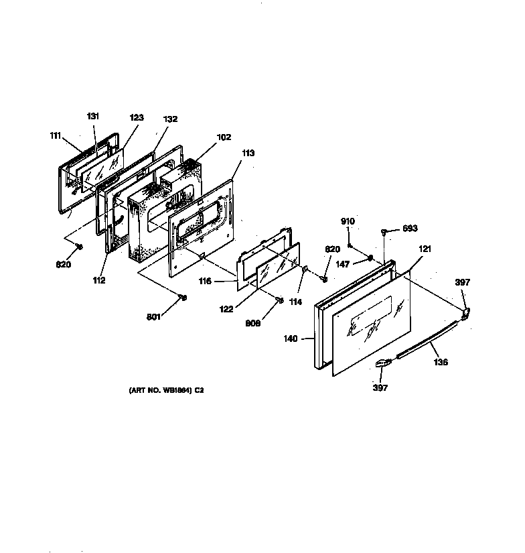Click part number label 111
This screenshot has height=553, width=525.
(56, 136)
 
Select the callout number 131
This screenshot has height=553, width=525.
(93, 116)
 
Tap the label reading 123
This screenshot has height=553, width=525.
(137, 117)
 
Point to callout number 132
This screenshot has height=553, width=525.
(171, 119)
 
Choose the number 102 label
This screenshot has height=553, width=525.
(224, 137)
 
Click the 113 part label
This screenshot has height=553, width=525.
(248, 153)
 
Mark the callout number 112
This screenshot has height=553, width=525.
(99, 280)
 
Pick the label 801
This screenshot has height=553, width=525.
(153, 316)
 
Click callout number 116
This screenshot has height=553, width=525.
(205, 281)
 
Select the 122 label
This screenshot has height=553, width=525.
(226, 309)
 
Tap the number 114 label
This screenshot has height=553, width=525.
(295, 302)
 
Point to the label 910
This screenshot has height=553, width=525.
(348, 221)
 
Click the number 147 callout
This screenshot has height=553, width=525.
(342, 264)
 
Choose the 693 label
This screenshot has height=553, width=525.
(410, 228)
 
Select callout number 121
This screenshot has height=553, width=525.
(425, 249)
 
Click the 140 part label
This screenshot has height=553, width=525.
(291, 339)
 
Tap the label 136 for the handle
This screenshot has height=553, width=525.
(441, 362)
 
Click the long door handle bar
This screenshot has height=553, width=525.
(428, 339)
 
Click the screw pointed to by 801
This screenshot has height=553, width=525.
(183, 298)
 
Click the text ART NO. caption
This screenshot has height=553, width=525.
(166, 390)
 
